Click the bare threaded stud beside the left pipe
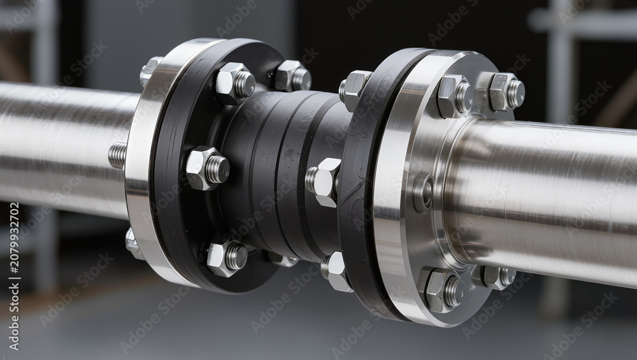pyautogui.click(x=118, y=155)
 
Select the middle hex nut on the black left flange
pyautogui.click(x=207, y=168)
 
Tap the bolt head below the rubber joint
pyautogui.click(x=336, y=271)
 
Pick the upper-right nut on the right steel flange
pyautogui.click(x=506, y=92)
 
